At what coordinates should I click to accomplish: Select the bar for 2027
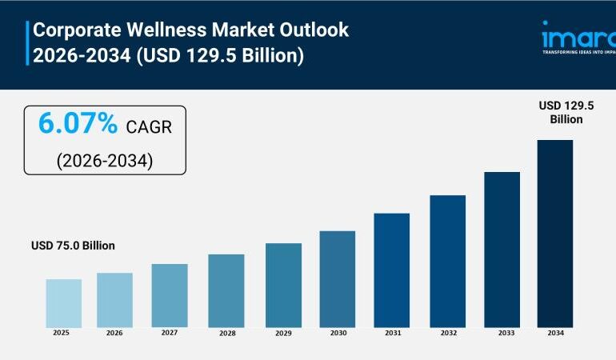tap(170, 295)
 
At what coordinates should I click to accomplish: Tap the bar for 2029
tap(283, 285)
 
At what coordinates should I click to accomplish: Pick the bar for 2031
tap(391, 270)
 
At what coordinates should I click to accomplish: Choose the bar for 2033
tap(502, 249)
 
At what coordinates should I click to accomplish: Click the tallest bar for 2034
tap(554, 233)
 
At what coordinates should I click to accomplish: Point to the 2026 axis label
tap(115, 333)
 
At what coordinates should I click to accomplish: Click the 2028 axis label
tap(226, 333)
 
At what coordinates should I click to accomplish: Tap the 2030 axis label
tap(337, 333)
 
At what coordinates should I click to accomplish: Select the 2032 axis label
tap(447, 333)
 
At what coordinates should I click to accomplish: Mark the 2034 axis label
tap(555, 333)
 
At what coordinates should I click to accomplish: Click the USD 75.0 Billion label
tap(73, 246)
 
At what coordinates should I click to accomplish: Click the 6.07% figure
tap(78, 125)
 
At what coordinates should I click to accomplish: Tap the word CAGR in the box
tap(148, 126)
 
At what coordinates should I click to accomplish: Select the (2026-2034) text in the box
tap(104, 160)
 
